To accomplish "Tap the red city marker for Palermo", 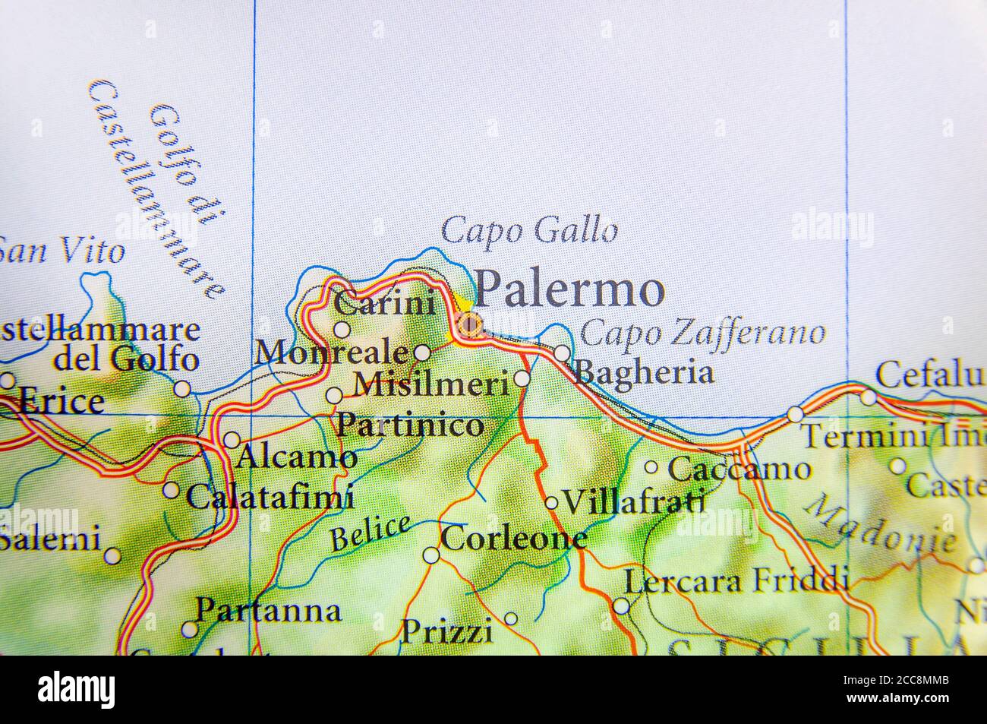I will click(470, 327).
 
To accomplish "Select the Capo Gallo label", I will click(529, 229).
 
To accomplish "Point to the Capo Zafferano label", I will click(702, 333).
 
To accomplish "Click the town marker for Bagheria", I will click(562, 353).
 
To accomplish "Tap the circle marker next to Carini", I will click(342, 330).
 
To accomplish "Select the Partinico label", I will click(409, 425).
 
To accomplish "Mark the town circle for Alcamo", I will click(232, 440).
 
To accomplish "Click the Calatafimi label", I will click(270, 498).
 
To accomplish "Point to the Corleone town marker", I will click(430, 555).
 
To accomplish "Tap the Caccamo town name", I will click(739, 469).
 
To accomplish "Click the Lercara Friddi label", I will click(735, 581).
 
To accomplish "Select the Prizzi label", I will click(446, 631).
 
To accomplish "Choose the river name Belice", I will click(370, 533).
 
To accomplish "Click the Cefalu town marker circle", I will click(868, 396).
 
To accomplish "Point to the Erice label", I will click(59, 402).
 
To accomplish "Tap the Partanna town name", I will click(268, 610).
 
